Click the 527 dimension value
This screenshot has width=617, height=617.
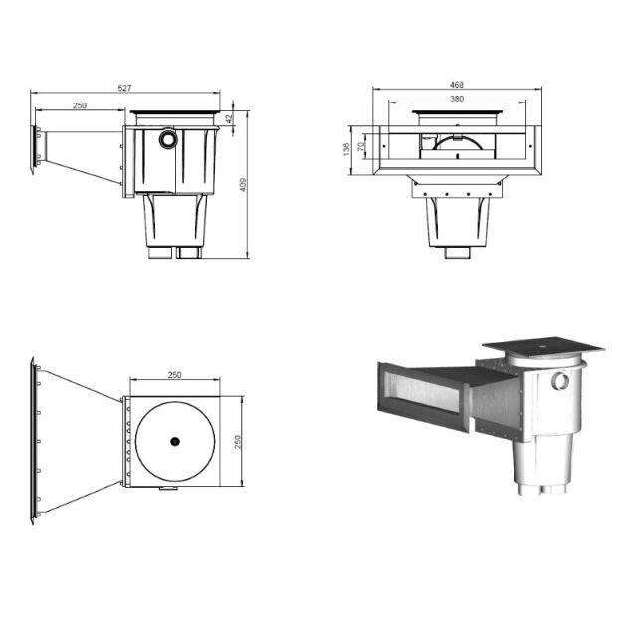[124, 89]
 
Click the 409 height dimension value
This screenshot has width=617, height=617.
[242, 184]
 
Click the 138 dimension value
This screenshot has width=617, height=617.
[346, 149]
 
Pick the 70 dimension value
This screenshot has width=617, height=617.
[360, 148]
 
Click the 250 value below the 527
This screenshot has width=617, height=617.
[79, 105]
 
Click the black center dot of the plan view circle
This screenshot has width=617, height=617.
[174, 441]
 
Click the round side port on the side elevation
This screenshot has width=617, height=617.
[168, 139]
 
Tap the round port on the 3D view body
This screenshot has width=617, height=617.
[560, 381]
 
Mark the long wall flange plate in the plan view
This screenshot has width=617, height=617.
[33, 441]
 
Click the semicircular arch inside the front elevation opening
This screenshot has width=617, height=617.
[456, 143]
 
